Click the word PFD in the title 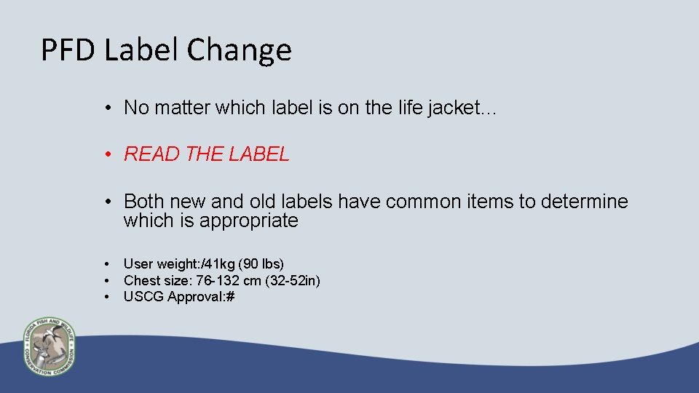click(x=68, y=50)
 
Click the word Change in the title click(x=239, y=50)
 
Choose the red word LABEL click(x=258, y=154)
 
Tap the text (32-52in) click(x=294, y=280)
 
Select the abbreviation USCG click(x=143, y=296)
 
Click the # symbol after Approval click(x=229, y=296)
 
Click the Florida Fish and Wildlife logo click(x=49, y=346)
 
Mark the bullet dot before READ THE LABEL click(x=107, y=154)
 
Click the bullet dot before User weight click(x=107, y=263)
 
